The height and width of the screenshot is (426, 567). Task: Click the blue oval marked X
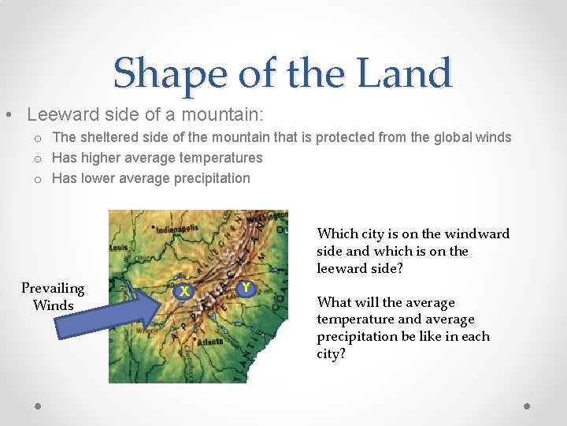tap(183, 291)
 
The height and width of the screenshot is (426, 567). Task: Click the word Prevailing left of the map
tap(53, 288)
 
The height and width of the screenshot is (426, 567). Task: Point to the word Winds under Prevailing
tap(53, 305)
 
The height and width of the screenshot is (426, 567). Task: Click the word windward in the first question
tap(477, 234)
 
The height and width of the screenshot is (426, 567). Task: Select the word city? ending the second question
tap(331, 353)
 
